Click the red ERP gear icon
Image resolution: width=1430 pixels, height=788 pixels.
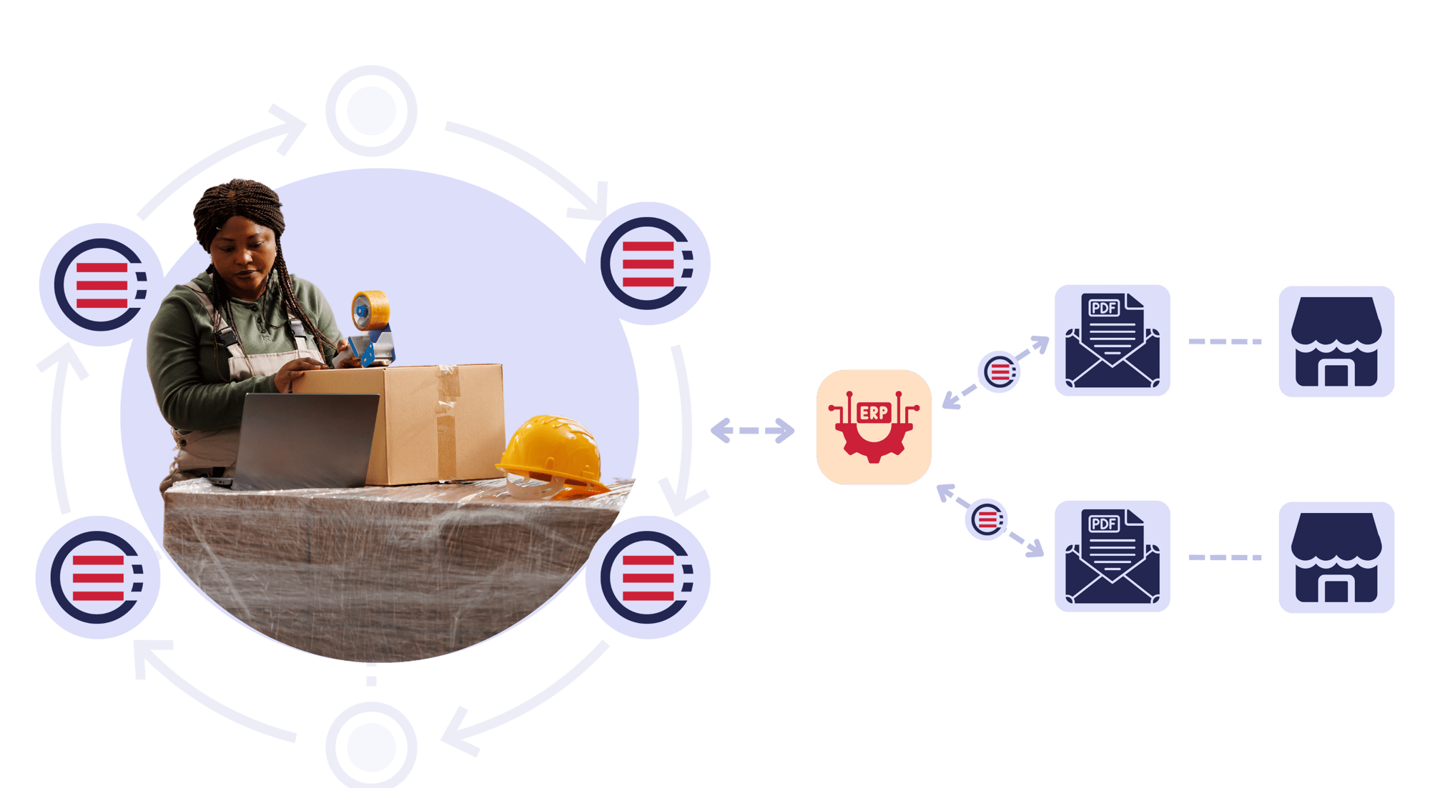pos(873,427)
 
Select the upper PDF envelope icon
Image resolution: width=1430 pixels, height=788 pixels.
pos(1112,341)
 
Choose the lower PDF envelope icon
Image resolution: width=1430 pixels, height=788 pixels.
pos(1112,557)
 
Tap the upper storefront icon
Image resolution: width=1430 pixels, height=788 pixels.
pos(1336,341)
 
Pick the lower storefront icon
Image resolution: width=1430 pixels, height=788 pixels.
pos(1336,557)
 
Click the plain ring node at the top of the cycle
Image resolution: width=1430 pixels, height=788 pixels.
pos(371,111)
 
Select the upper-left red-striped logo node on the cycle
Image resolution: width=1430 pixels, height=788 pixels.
pos(101,285)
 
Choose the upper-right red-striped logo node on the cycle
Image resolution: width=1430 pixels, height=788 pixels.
pos(648,264)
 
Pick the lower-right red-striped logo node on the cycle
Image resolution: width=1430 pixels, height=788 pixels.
pos(648,577)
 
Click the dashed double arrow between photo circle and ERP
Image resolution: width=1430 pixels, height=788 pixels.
pos(752,431)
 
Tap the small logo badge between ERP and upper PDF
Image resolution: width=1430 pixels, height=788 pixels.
pos(999,371)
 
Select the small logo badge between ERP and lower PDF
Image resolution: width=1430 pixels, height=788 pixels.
pos(986,519)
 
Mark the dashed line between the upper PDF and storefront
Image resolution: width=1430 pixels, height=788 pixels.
pos(1224,341)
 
